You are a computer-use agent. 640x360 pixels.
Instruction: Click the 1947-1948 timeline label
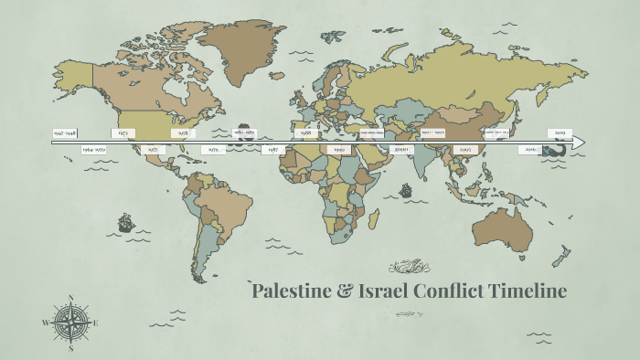64,133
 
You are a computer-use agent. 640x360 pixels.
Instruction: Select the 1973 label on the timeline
123,133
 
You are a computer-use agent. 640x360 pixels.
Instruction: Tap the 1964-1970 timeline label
93,149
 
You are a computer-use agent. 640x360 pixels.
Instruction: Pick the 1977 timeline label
153,149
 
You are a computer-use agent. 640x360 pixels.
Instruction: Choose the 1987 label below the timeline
272,149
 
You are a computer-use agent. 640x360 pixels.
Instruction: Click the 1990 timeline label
338,149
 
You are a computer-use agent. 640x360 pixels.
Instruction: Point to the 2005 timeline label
465,149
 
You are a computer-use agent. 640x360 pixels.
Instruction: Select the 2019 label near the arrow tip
559,133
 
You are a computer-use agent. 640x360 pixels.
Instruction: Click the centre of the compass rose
70,322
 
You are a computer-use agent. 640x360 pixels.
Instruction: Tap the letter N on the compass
70,297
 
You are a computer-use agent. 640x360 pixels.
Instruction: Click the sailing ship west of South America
125,222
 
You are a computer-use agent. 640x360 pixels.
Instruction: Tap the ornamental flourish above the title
409,267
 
